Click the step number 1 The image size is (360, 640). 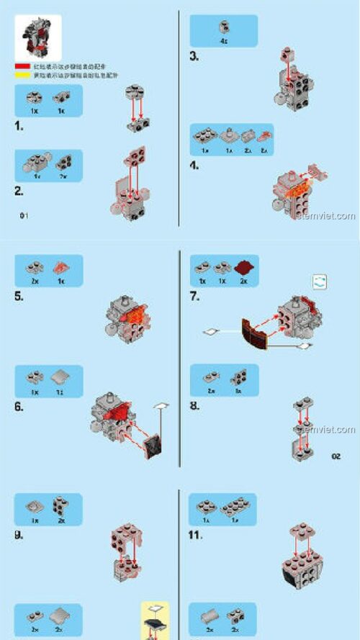point(19,127)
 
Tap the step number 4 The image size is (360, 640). point(194,166)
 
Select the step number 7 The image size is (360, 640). point(194,296)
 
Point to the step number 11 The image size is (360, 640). point(196,535)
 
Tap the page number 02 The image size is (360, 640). point(336,456)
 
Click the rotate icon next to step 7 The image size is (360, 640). point(320,282)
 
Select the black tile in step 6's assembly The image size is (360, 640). point(153,448)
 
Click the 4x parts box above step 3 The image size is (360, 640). point(223,30)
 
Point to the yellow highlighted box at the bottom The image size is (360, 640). point(154,620)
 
